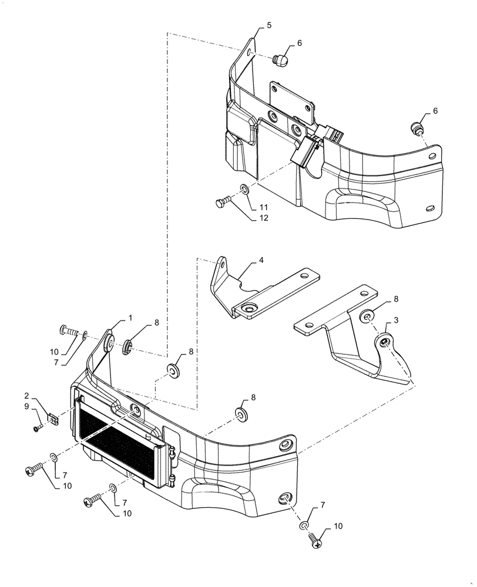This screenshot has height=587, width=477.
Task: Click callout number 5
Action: coord(269,25)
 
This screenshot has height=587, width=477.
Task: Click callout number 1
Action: coord(130,317)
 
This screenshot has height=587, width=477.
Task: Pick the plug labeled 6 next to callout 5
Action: coord(281,59)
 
